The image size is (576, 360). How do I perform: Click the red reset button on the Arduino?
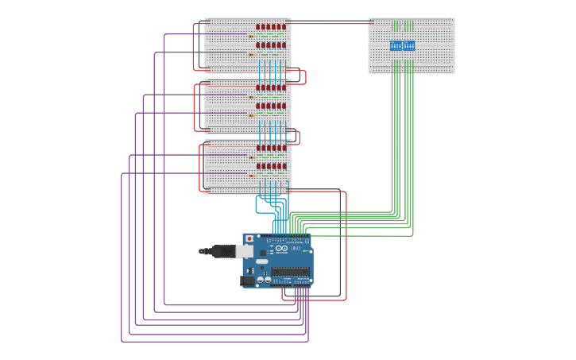click(249, 238)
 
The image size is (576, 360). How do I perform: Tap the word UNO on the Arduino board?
click(296, 249)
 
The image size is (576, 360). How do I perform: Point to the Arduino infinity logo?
click(281, 248)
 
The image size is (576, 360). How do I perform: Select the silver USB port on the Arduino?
click(244, 251)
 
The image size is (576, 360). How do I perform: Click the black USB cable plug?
click(222, 251)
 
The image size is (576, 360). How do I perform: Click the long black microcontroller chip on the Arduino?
click(291, 271)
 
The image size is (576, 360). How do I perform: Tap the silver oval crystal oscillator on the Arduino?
click(261, 261)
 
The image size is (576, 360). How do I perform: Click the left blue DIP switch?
click(396, 45)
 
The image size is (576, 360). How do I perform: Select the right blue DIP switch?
click(408, 45)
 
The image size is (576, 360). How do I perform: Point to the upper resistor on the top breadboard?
click(251, 36)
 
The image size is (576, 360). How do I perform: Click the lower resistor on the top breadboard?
click(251, 54)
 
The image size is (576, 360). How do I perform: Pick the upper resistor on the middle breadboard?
click(251, 97)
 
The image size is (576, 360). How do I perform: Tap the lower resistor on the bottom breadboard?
click(251, 176)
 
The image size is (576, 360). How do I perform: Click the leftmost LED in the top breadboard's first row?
click(257, 27)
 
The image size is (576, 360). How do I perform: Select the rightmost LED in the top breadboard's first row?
click(284, 27)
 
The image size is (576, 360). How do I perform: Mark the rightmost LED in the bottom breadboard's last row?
click(284, 166)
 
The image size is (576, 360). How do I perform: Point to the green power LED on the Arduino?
click(306, 251)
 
